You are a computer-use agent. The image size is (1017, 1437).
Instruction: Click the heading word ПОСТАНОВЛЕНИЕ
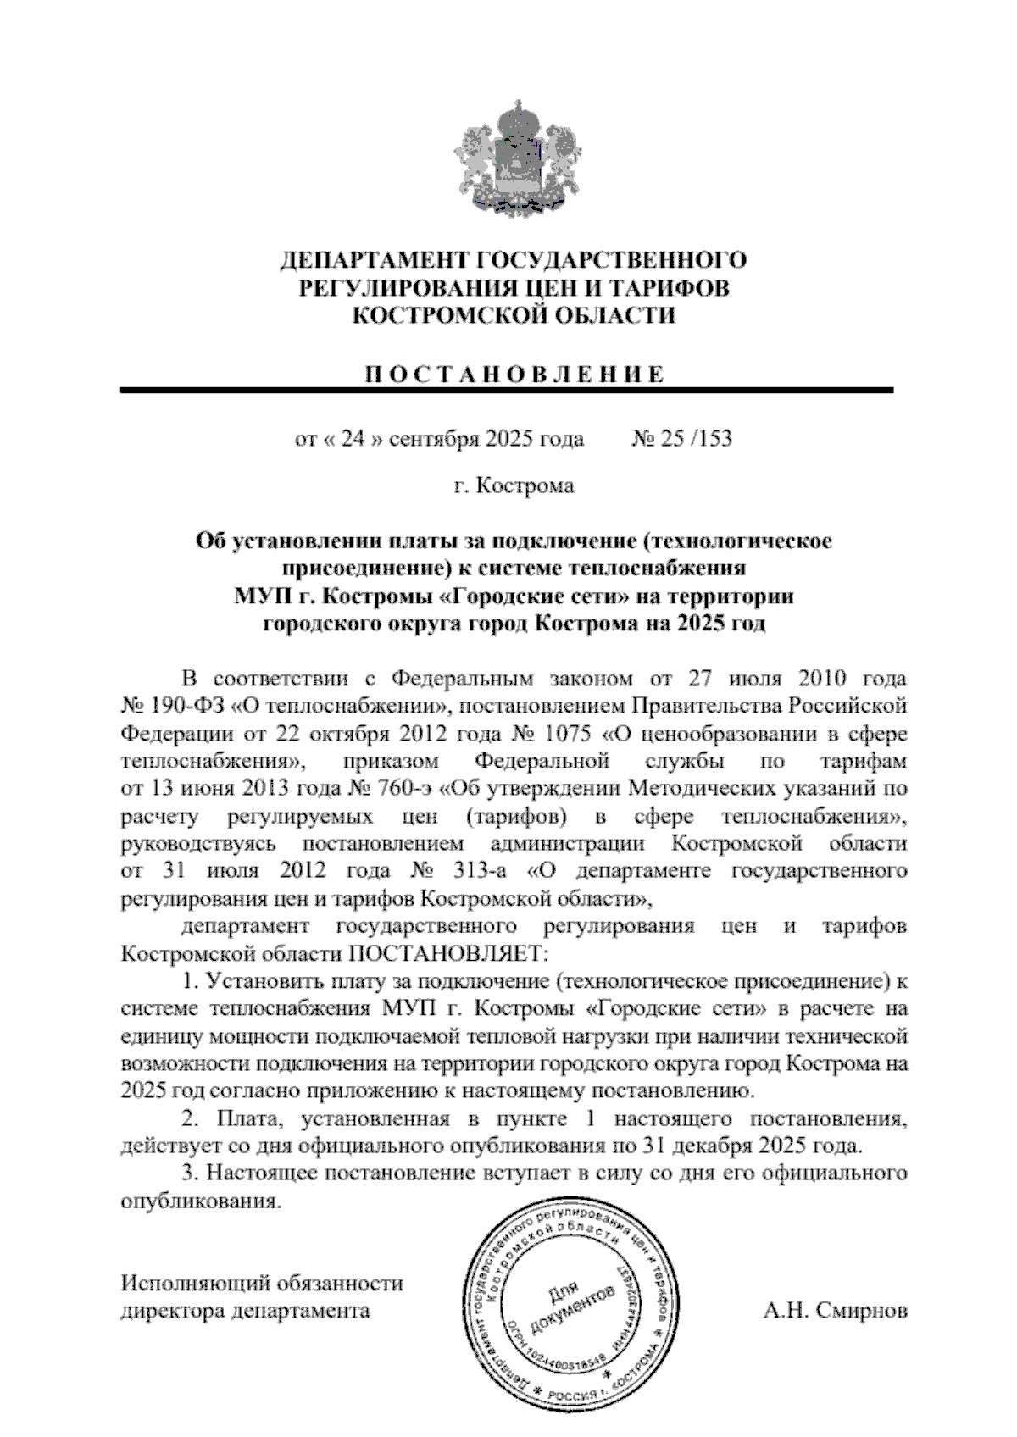pos(514,375)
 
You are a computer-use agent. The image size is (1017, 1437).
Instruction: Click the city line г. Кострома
pos(514,486)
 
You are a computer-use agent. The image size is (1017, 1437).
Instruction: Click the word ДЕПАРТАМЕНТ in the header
pos(375,259)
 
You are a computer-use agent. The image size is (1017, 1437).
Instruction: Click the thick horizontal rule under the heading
pos(507,391)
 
